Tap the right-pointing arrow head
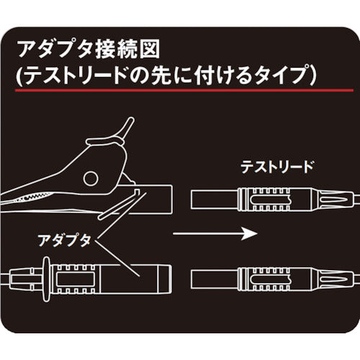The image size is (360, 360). click(x=248, y=233)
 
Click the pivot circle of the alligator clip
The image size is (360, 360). click(x=92, y=178)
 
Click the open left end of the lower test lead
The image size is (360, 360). click(x=192, y=276)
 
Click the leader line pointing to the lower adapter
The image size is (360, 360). click(x=122, y=259)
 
